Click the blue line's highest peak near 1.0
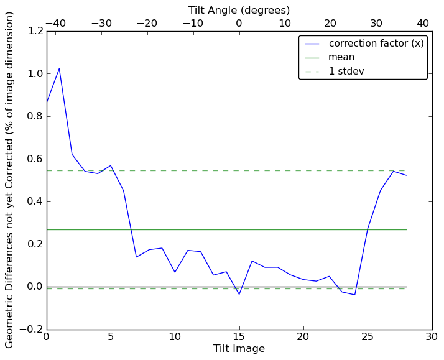[x=59, y=68]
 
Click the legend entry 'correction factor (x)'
[x=376, y=44]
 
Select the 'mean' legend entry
[x=341, y=57]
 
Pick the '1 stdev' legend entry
[x=346, y=71]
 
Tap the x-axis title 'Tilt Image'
[x=239, y=349]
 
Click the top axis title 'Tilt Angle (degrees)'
[x=239, y=10]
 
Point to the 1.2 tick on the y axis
[x=35, y=31]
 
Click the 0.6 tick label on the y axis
[x=35, y=159]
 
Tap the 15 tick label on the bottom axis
[x=239, y=337]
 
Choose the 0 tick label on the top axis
[x=239, y=23]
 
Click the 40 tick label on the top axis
[x=423, y=23]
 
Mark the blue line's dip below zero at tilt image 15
[x=239, y=294]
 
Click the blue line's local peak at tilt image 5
[x=111, y=165]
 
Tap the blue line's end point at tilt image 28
[x=406, y=175]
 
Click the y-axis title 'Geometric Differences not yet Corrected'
[x=10, y=180]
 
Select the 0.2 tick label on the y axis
[x=35, y=244]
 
